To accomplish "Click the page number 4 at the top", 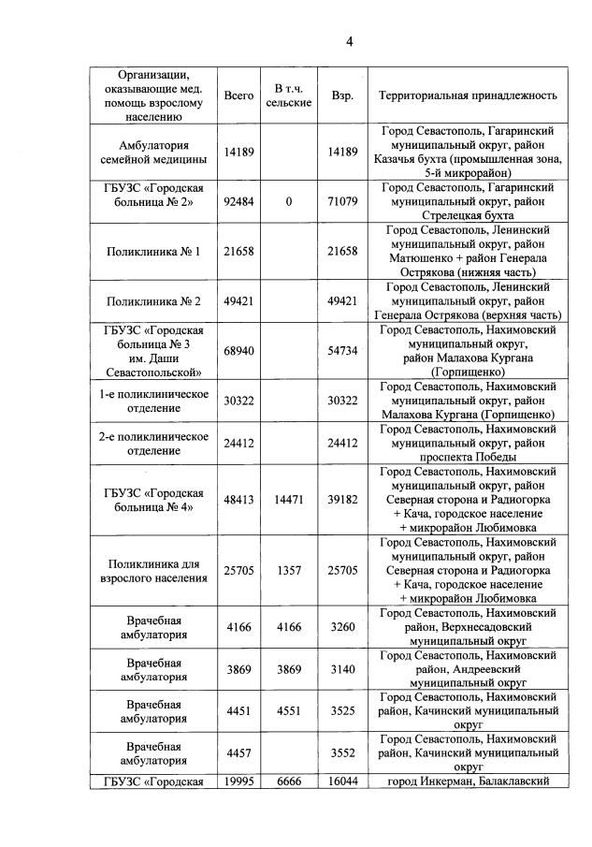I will tap(348, 41).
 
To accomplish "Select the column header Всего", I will tap(239, 95).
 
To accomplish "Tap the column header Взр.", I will tap(342, 95).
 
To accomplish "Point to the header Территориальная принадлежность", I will tap(468, 95).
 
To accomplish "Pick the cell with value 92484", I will tap(239, 201).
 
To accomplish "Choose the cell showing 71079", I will tap(343, 201).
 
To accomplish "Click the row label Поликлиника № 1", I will tap(154, 250).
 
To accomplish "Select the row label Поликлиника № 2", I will tap(154, 300).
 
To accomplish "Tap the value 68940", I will tap(239, 351).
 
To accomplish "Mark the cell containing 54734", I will tap(343, 351).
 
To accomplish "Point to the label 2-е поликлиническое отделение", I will tap(154, 444).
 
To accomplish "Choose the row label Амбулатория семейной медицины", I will tap(154, 152).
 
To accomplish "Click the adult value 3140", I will tap(343, 670).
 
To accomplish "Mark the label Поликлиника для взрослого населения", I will tap(154, 571).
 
